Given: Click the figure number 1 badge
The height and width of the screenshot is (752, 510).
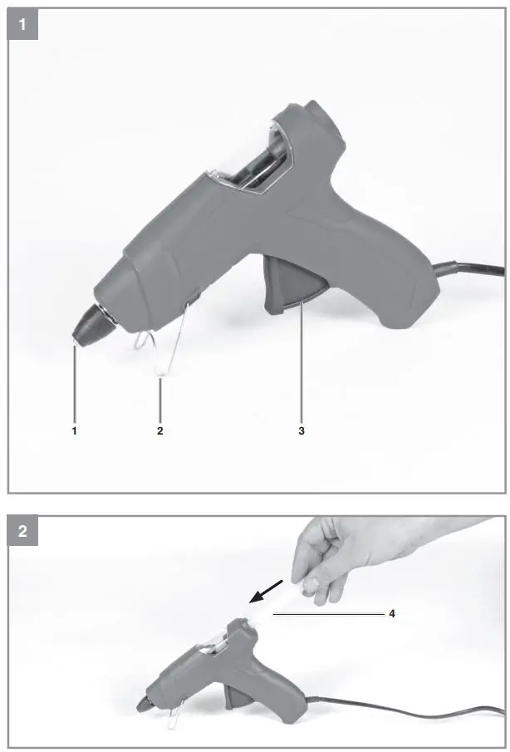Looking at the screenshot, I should (22, 24).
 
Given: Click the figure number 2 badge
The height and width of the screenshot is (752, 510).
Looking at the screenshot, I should (22, 532).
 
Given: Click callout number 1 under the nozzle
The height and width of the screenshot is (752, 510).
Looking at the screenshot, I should (75, 431).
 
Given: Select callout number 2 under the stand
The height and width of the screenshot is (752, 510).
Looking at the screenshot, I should (160, 431).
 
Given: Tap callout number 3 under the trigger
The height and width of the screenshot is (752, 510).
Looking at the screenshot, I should (302, 431).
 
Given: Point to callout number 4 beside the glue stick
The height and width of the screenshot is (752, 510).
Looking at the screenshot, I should (391, 614).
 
